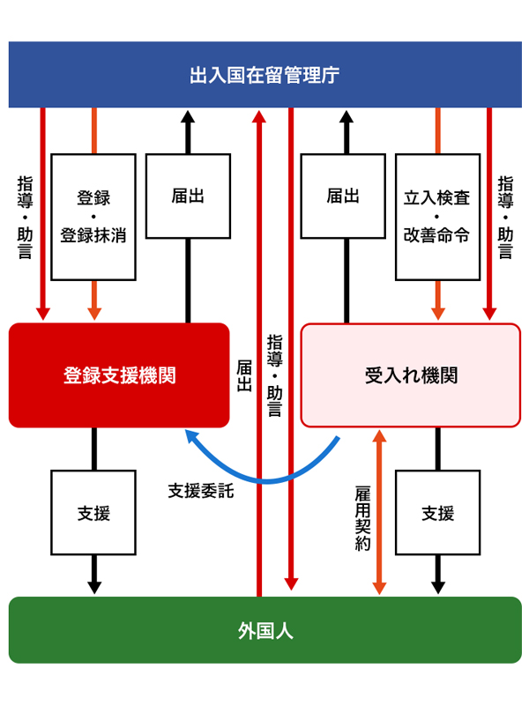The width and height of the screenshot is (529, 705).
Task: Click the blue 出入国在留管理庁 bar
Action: coord(265,75)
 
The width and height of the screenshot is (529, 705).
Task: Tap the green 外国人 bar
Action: coord(265,630)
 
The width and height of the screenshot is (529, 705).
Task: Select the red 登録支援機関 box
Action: coord(119,375)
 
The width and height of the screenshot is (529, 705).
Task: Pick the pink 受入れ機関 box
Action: coord(411,375)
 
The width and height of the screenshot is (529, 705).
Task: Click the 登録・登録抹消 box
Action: coord(93,217)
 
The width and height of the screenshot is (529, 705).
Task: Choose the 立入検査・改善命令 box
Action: coord(437,217)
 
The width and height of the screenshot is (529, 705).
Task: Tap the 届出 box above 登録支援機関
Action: coord(188,196)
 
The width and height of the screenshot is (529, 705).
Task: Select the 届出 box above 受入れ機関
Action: coord(343,196)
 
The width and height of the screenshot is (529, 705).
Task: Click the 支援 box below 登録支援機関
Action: coord(93,513)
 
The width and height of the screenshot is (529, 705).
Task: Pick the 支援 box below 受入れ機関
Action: coord(437,513)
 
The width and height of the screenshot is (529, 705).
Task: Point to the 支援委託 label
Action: coord(201,491)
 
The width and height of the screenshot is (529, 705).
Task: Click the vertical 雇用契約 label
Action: coord(362,518)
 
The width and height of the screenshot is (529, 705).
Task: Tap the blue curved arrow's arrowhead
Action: coord(191,435)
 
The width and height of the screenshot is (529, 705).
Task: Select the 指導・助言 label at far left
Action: coord(26,217)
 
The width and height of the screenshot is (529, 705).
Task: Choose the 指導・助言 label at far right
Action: coord(505,217)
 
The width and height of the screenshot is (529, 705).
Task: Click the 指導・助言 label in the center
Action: coord(275,375)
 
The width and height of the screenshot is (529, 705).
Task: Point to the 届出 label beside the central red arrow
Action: coord(244,375)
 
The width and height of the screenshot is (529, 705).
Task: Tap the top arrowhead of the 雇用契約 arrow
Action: coord(380,435)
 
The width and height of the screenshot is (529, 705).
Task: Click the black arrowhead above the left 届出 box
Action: coord(188,117)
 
